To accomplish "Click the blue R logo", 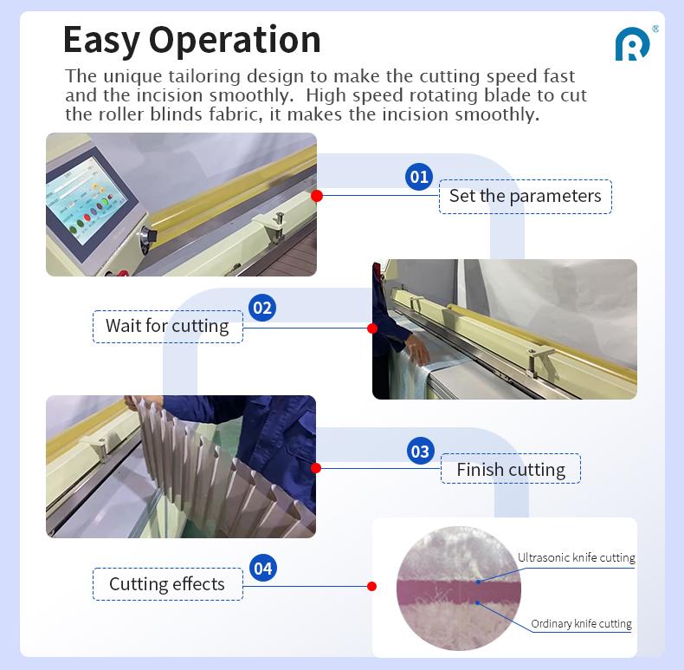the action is pyautogui.click(x=632, y=44).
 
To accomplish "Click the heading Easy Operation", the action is pyautogui.click(x=192, y=40).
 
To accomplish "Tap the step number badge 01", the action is pyautogui.click(x=419, y=177).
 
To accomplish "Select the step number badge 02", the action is pyautogui.click(x=262, y=308).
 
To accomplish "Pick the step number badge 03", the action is pyautogui.click(x=421, y=452).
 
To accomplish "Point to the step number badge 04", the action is pyautogui.click(x=263, y=568).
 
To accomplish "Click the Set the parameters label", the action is pyautogui.click(x=526, y=196).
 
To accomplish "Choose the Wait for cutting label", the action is pyautogui.click(x=167, y=326).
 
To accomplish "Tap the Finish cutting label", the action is pyautogui.click(x=511, y=469).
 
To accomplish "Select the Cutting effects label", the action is pyautogui.click(x=167, y=584).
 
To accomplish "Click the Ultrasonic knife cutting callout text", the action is pyautogui.click(x=577, y=557).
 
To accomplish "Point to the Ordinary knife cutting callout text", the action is pyautogui.click(x=581, y=624).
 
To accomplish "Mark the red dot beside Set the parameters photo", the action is pyautogui.click(x=317, y=196).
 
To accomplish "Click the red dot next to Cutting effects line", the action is pyautogui.click(x=371, y=586).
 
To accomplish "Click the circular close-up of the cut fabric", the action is pyautogui.click(x=459, y=589).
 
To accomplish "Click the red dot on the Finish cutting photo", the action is pyautogui.click(x=316, y=468).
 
